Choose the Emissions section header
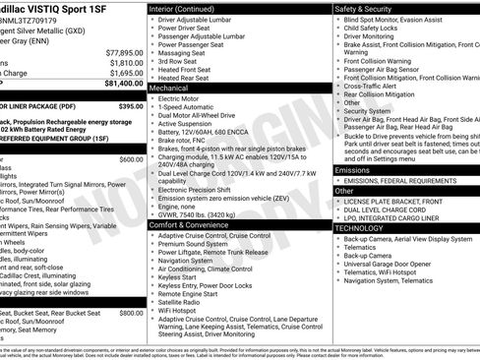(354, 169)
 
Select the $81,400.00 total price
(123, 85)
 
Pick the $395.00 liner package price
(130, 105)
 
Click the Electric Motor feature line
(183, 98)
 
